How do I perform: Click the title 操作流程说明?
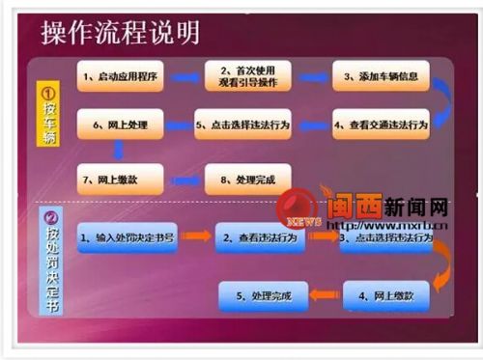pyautogui.click(x=121, y=33)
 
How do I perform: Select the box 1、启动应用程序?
pyautogui.click(x=120, y=75)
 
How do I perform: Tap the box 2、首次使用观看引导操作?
pyautogui.click(x=247, y=75)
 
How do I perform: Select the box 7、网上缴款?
pyautogui.click(x=120, y=178)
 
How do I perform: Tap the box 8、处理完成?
pyautogui.click(x=247, y=178)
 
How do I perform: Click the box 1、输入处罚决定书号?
pyautogui.click(x=128, y=236)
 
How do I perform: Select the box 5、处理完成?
pyautogui.click(x=262, y=291)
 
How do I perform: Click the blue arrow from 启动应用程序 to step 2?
pyautogui.click(x=184, y=75)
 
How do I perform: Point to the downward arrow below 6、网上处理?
pyautogui.click(x=118, y=150)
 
